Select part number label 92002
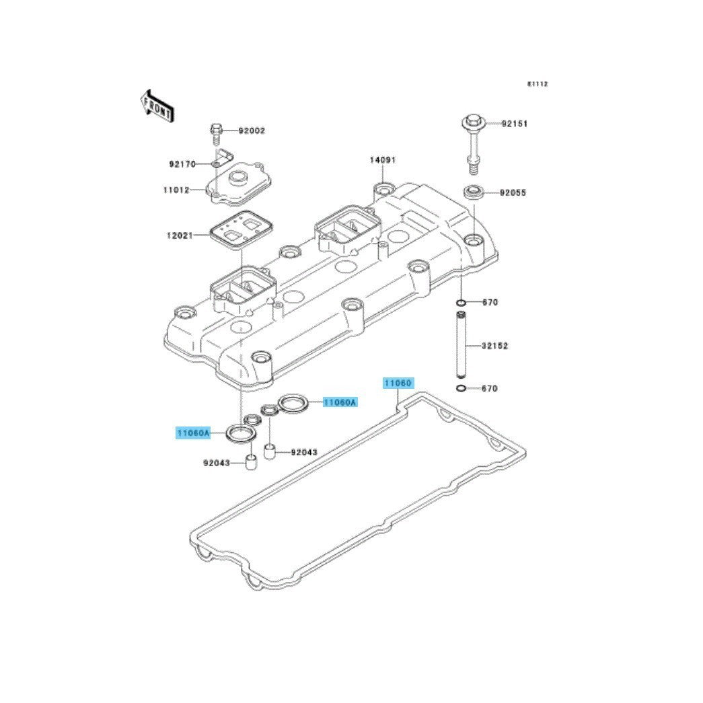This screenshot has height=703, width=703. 252,131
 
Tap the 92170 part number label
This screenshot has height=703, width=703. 182,165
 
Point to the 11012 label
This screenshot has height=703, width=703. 176,190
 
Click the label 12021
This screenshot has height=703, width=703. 180,235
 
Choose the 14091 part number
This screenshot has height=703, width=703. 382,160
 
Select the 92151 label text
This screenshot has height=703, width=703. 514,124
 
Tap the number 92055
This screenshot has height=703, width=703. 513,193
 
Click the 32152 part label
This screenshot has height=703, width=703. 495,346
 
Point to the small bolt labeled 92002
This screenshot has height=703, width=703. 216,133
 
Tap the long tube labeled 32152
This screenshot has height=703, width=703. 461,345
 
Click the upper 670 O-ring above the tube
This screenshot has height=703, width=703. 461,303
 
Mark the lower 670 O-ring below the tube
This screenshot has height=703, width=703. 461,388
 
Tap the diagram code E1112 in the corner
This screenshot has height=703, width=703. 538,84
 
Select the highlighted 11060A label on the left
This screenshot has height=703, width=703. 193,433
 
